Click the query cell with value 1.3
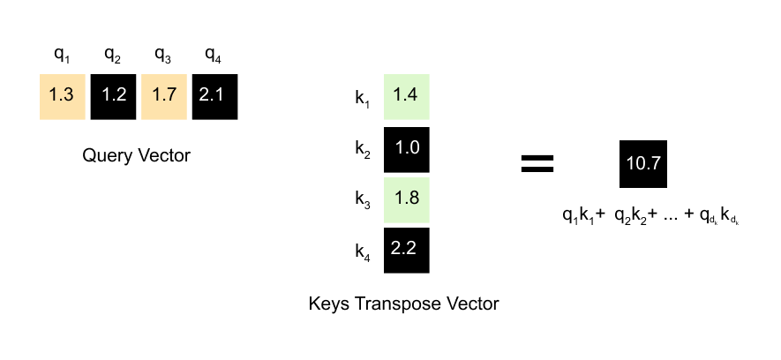62,95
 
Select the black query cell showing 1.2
112,95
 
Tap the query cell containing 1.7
163,95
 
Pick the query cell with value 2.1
214,95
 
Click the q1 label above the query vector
61,56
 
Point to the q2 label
112,56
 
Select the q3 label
163,56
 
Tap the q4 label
214,56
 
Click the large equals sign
537,162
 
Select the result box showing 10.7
643,163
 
